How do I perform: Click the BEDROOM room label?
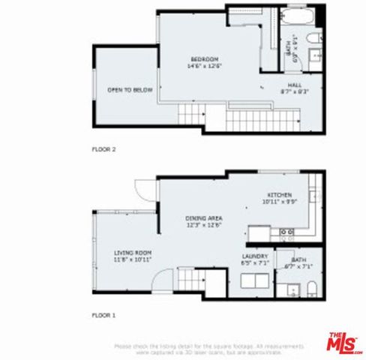[x=204, y=59]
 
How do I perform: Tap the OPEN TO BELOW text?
[x=130, y=90]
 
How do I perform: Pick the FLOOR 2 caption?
[x=103, y=149]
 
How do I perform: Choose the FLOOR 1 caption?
[x=103, y=316]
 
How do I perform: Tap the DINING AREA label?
[x=205, y=218]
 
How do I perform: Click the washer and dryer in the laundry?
[x=255, y=282]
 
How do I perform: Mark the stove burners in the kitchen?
[x=286, y=233]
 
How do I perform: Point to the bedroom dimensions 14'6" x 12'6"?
[x=204, y=66]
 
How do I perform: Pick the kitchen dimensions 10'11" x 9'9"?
[x=278, y=202]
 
